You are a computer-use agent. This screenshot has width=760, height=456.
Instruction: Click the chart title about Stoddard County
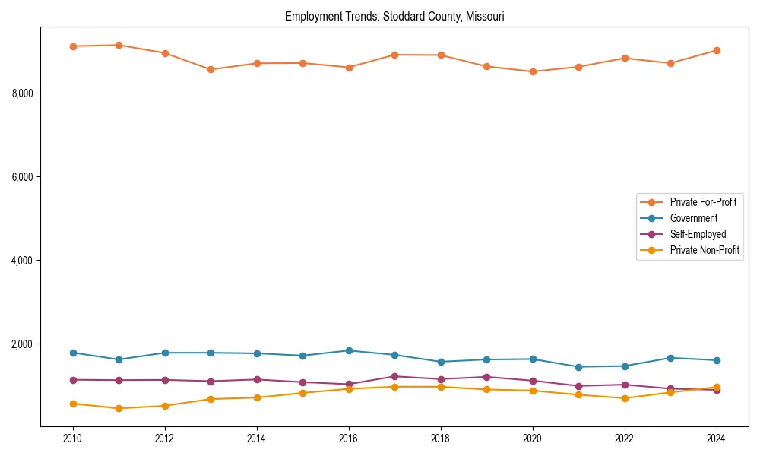coord(394,16)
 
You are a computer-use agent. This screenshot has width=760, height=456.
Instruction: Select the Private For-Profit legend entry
coord(703,202)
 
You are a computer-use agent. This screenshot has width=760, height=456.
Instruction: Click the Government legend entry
coord(693,218)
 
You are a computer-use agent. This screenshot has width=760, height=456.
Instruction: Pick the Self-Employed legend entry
coord(698,234)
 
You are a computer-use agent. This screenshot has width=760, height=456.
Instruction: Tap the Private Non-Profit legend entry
coord(705,250)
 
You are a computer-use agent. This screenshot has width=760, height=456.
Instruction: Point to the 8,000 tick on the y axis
coord(23,93)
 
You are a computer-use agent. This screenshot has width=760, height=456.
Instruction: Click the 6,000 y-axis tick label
coord(23,177)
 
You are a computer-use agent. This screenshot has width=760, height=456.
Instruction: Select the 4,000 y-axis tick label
coord(23,261)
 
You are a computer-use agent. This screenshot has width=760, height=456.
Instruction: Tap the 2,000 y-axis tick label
coord(23,344)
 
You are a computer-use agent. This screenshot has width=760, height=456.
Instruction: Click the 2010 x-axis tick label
coord(73,439)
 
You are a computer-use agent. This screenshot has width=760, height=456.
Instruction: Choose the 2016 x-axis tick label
coord(349,439)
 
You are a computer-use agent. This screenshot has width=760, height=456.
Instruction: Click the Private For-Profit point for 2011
coord(119,45)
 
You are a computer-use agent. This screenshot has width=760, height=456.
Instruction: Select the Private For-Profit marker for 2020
coord(533,71)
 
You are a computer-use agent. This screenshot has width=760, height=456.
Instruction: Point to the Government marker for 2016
coord(349,350)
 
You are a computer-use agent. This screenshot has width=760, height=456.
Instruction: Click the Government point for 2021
coord(578,367)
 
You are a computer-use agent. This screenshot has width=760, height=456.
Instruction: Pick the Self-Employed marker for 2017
coord(394,376)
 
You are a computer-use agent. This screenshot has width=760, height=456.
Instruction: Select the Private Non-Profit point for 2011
coord(119,408)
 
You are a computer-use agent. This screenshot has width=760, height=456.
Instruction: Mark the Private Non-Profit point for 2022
coord(625,398)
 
